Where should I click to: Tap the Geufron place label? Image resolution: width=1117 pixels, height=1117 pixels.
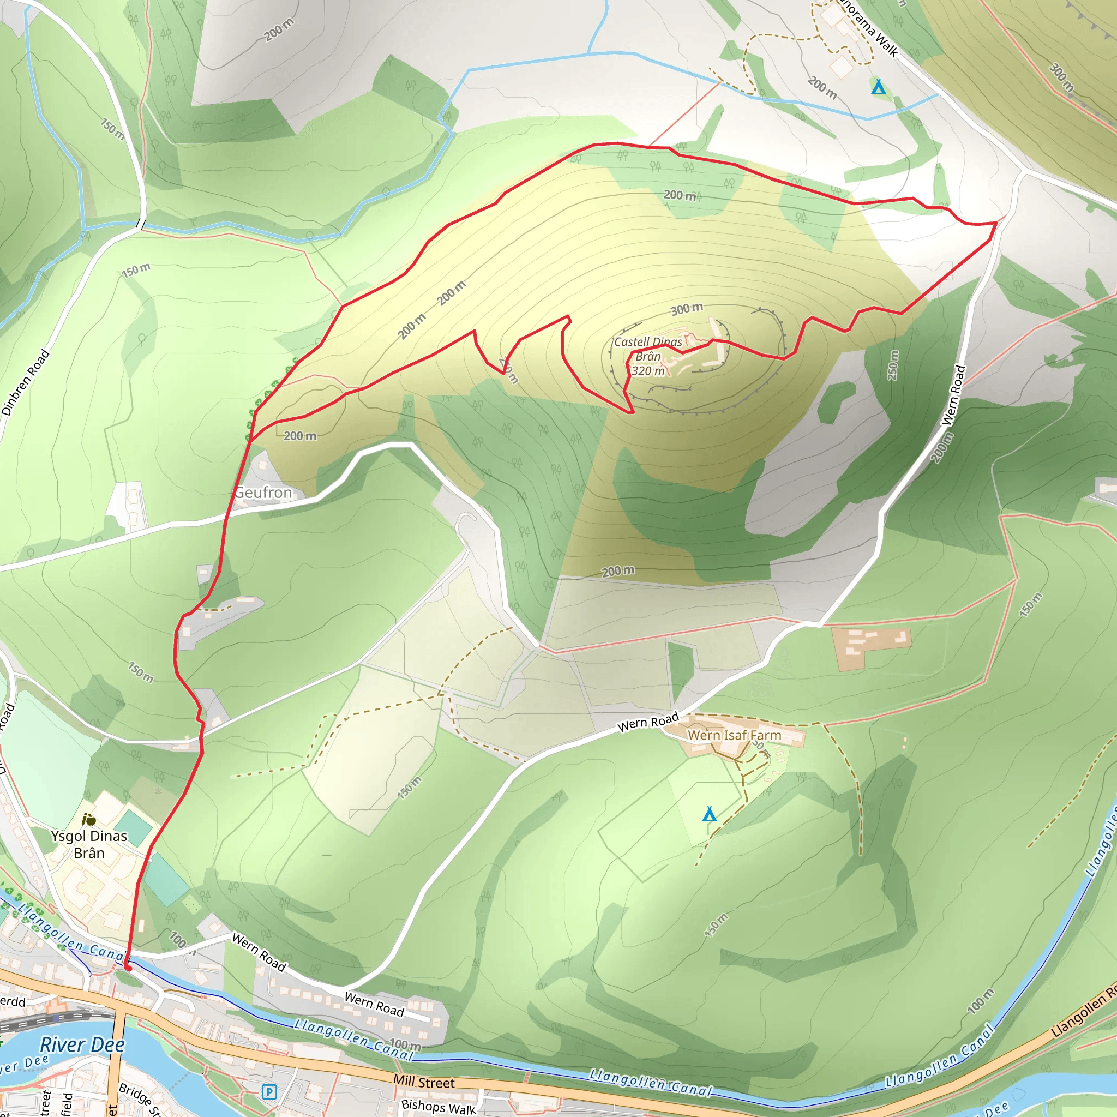click(x=263, y=493)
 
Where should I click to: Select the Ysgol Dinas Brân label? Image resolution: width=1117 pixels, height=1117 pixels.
click(x=88, y=844)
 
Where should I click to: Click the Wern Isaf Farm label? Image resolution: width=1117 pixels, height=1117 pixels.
click(x=734, y=735)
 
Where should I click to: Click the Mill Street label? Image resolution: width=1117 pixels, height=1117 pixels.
click(x=424, y=1082)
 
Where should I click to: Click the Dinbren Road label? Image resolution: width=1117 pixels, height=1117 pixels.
click(x=26, y=383)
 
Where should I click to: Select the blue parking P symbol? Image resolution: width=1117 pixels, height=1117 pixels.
click(x=269, y=1092)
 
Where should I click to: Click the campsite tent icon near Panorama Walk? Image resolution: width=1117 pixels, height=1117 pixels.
click(x=878, y=87)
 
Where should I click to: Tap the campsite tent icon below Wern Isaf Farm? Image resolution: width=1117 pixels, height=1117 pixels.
click(x=710, y=815)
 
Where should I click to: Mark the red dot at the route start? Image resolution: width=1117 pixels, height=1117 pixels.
click(x=128, y=969)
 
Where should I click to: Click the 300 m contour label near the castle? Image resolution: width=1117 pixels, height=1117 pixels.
click(x=687, y=309)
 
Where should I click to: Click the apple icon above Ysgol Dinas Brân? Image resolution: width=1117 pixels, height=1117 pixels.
click(x=88, y=819)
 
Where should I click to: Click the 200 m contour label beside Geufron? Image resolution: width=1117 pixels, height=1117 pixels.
click(x=300, y=436)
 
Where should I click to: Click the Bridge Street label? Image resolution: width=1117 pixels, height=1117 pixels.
click(x=139, y=1098)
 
